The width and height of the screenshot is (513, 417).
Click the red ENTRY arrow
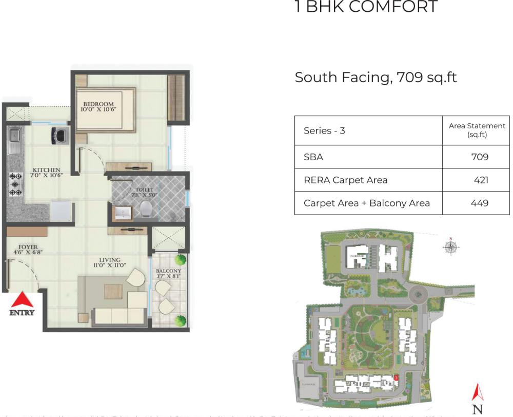(x=22, y=300)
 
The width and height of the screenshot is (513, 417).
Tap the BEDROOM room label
(x=98, y=106)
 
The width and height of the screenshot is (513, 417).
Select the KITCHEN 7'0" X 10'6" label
(x=47, y=173)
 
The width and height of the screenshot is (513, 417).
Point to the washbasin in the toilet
(x=122, y=214)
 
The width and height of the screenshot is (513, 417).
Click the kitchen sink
(x=14, y=136)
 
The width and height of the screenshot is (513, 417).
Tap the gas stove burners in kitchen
(x=15, y=184)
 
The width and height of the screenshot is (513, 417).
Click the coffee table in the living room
(x=113, y=291)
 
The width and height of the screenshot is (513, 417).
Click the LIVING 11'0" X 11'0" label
(x=110, y=263)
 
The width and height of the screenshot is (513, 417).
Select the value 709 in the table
(x=480, y=157)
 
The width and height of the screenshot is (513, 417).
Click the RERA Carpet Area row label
(x=345, y=180)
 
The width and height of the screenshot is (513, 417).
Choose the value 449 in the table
(x=480, y=203)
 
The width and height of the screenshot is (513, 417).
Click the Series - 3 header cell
(x=324, y=130)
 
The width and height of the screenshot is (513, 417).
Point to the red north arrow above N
(x=478, y=393)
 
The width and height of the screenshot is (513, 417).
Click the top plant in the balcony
(x=180, y=260)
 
